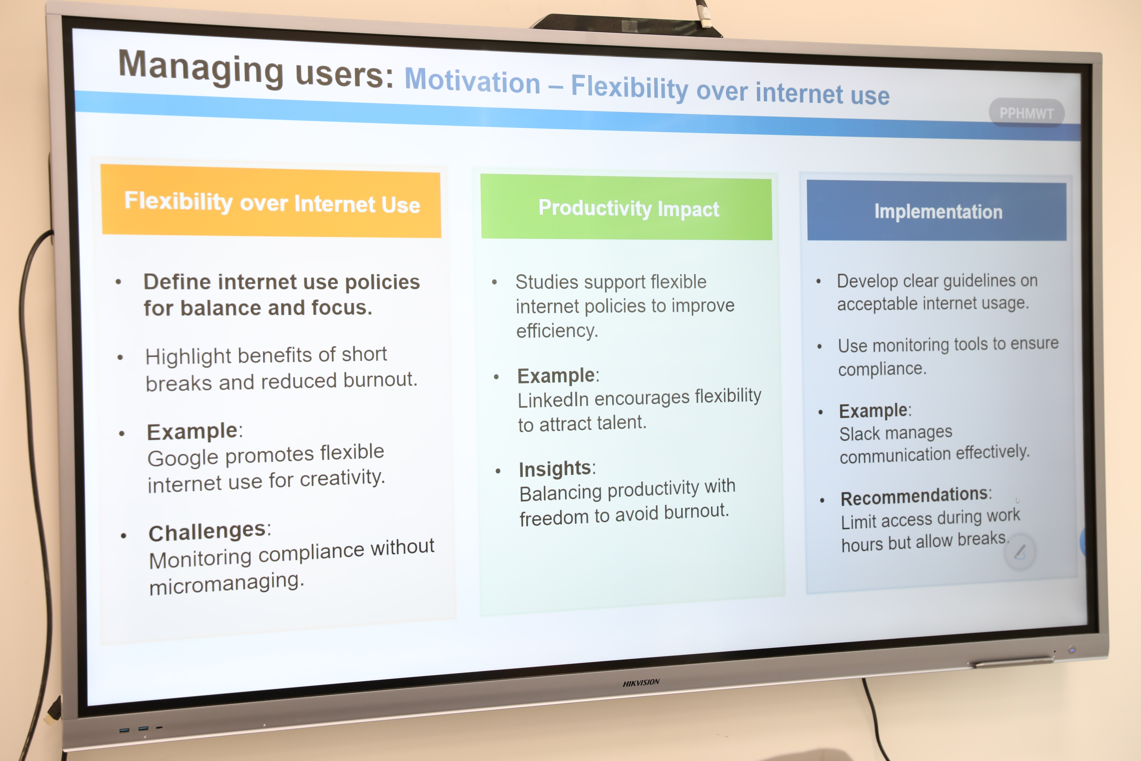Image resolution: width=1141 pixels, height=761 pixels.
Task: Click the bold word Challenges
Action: click(207, 532)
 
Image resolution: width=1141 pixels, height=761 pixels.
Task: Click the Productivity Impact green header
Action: click(626, 208)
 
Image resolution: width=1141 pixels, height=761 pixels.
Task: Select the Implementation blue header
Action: click(937, 211)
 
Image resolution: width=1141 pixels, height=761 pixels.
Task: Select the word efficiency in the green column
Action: click(557, 331)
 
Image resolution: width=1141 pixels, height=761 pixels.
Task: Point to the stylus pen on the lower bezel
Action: click(1011, 662)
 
